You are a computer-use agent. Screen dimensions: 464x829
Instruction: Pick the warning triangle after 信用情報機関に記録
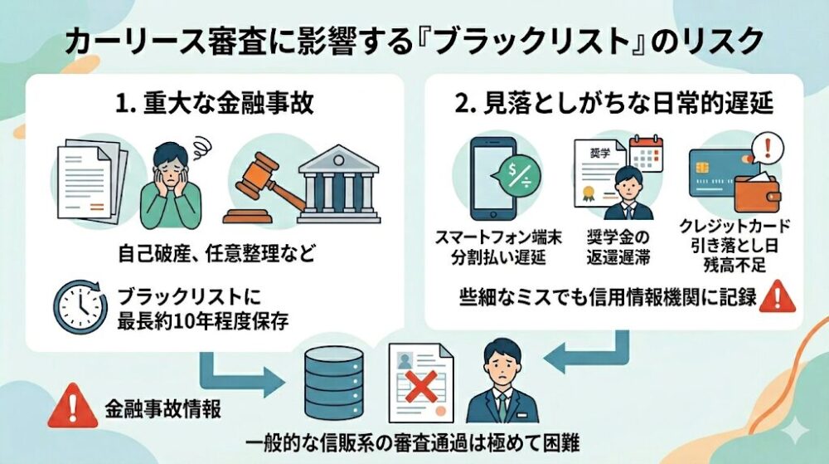coord(777,295)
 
